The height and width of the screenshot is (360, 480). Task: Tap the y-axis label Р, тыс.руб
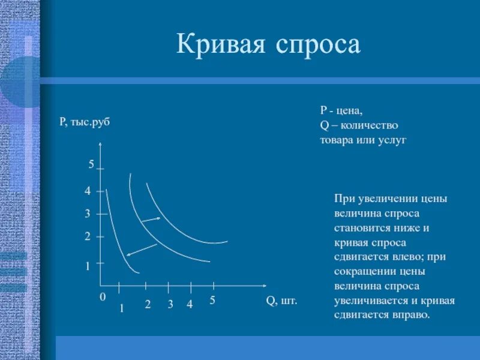tap(85, 122)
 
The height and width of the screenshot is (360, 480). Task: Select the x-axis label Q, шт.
tap(281, 300)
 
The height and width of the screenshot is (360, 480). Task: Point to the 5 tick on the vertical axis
tap(92, 164)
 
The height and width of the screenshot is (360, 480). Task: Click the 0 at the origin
tap(103, 297)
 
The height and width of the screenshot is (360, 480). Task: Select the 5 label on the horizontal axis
tap(212, 301)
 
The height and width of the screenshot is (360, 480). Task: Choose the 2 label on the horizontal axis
tap(147, 304)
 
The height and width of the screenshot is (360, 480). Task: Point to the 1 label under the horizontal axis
tap(121, 308)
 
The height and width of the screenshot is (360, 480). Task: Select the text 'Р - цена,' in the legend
tap(341, 112)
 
